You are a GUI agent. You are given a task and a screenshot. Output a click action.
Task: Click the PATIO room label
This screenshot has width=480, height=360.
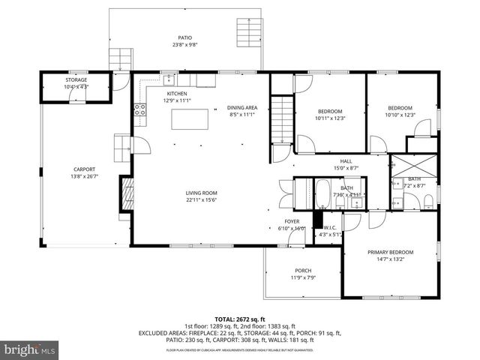(184, 37)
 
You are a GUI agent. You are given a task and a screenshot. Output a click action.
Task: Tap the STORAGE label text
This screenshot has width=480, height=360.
(76, 79)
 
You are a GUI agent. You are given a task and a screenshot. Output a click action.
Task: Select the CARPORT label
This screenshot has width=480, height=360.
(84, 169)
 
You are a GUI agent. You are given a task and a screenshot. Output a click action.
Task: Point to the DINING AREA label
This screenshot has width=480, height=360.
(242, 108)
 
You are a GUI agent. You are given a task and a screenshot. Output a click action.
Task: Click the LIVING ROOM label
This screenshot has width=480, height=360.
(202, 193)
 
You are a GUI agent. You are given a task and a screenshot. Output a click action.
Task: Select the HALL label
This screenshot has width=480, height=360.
(346, 161)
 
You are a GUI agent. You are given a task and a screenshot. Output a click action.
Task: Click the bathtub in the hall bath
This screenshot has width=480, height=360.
(322, 193)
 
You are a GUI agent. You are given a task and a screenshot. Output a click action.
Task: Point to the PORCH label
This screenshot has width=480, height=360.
(303, 271)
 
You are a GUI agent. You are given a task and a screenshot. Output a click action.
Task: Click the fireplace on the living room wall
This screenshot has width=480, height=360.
(127, 195)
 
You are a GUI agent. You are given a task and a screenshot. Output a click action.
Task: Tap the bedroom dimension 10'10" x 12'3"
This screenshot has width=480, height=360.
(400, 115)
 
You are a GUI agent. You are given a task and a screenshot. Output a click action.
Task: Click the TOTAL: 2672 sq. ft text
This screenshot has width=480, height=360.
(240, 319)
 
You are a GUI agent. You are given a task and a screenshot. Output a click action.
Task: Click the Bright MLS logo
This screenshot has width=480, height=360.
(30, 349)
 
